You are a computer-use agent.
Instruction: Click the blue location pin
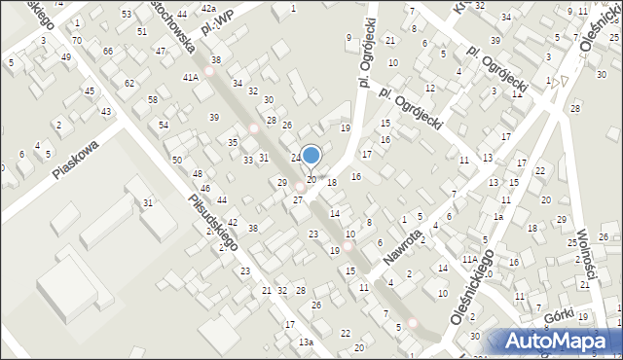[311, 156]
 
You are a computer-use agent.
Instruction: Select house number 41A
[190, 76]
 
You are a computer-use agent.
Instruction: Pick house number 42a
[208, 8]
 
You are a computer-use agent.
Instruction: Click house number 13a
[306, 342]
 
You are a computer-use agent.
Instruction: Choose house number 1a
[498, 217]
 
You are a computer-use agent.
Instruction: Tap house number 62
[129, 84]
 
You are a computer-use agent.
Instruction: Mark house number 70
[76, 40]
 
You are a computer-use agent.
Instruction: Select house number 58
[153, 100]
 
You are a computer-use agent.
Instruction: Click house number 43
[105, 112]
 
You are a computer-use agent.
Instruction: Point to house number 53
[127, 15]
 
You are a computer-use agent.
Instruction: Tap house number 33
[248, 160]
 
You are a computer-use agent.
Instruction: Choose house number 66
[108, 51]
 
